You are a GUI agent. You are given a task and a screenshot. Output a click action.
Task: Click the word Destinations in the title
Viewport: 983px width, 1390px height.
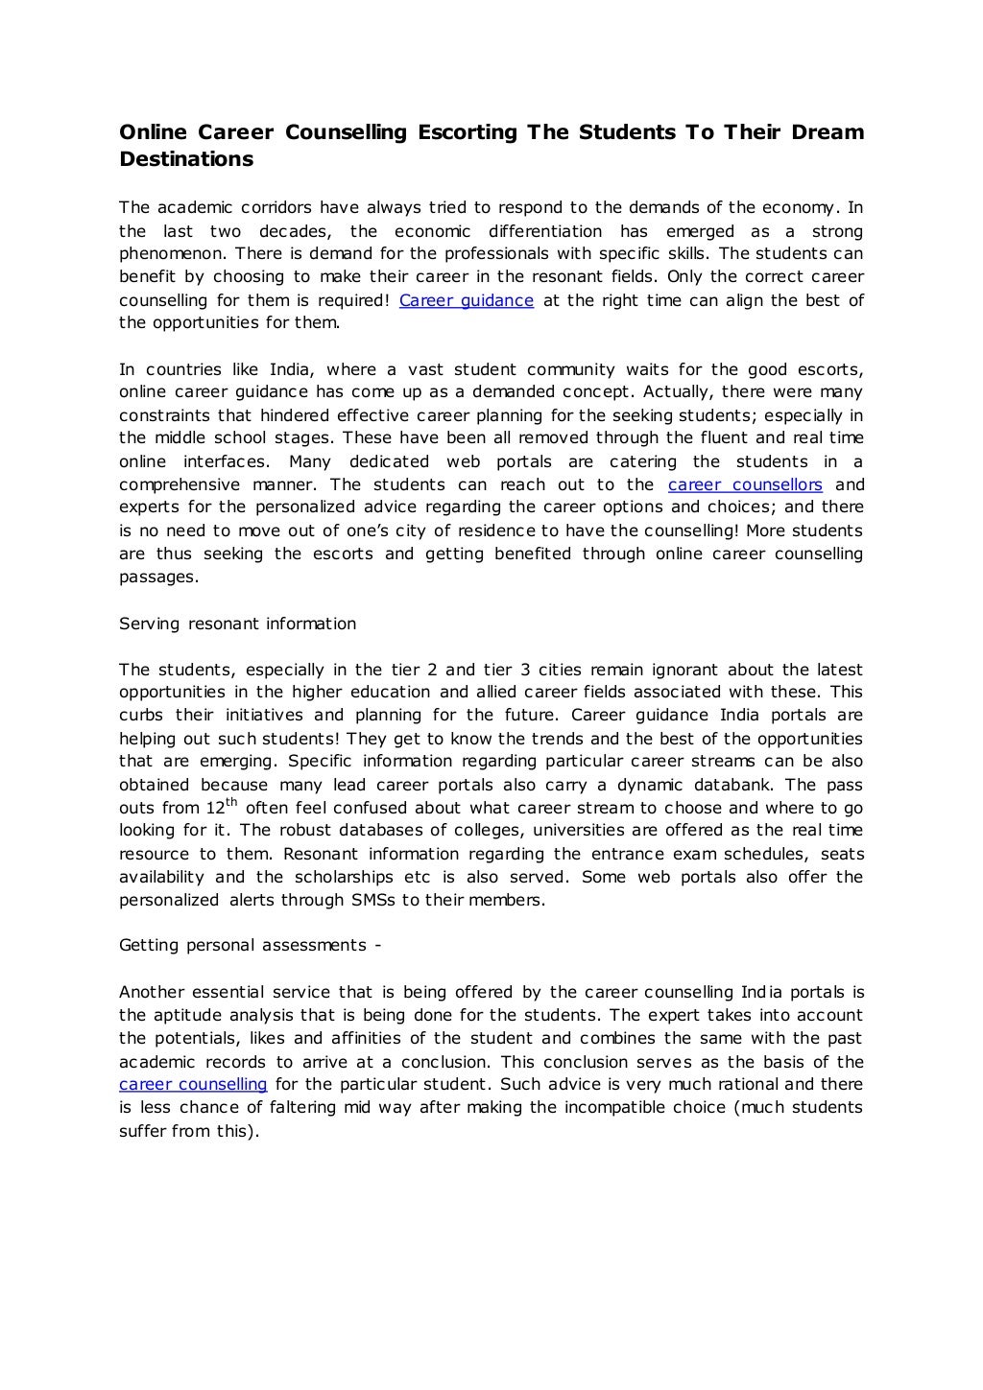186,159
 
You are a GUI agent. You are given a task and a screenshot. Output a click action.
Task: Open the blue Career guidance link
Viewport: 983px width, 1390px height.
466,300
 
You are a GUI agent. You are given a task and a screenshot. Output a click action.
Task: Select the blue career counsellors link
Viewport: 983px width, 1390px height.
745,484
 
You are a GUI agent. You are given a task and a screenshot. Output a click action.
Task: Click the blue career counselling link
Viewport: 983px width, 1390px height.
193,1084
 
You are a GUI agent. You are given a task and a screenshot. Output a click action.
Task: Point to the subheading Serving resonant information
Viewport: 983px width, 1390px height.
237,624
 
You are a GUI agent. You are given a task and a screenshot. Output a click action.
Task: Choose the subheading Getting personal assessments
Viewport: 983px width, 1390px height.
250,946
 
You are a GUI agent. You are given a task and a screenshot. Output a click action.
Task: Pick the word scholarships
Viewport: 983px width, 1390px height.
342,877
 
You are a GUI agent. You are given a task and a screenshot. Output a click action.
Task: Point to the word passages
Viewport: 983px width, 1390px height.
158,577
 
